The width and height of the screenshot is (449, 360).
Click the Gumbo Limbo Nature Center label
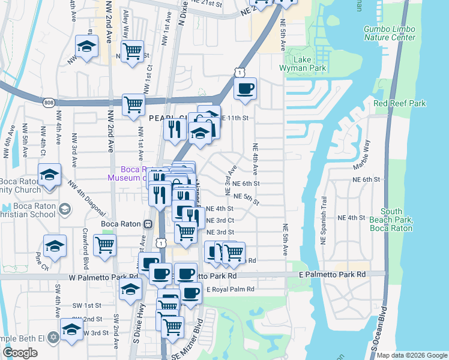(390, 33)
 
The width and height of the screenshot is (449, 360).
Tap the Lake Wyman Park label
(310, 64)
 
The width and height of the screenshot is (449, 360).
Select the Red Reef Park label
(399, 103)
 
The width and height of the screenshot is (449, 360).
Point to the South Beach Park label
(391, 220)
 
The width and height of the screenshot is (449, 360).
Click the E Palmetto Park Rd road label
(332, 274)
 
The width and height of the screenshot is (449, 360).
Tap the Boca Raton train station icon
(148, 224)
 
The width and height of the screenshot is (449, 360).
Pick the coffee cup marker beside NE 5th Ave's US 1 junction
(244, 89)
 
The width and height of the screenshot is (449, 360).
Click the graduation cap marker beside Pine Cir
(55, 246)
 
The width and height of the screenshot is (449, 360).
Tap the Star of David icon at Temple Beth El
(53, 338)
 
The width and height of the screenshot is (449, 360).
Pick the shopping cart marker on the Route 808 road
(133, 104)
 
